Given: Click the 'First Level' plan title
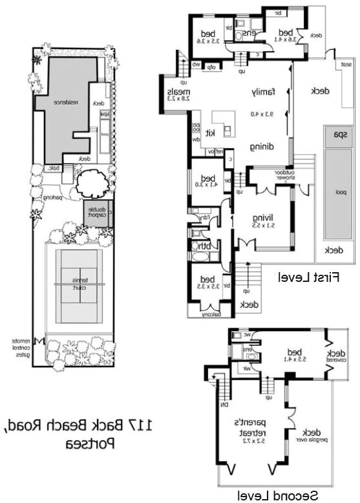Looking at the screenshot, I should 308,277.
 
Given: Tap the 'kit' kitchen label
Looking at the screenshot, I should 210,133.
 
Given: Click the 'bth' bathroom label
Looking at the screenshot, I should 206,245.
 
